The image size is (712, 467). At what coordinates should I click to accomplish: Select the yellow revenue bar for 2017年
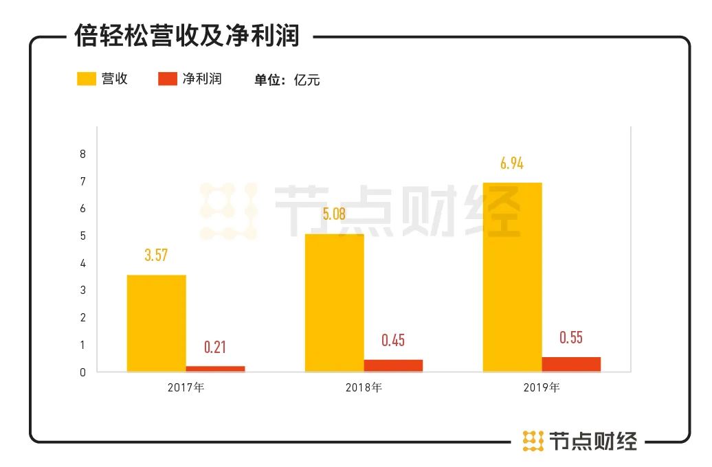pos(156,323)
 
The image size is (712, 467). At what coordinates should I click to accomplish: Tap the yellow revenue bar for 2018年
pos(334,302)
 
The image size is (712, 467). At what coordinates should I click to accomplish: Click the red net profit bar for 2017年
pos(215,369)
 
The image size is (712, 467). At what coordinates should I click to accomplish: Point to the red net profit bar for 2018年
pos(393,365)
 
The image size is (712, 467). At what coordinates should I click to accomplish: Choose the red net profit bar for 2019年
pos(571,364)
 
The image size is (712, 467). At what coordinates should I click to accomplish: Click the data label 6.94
pos(512,163)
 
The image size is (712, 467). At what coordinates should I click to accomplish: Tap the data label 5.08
pos(334,214)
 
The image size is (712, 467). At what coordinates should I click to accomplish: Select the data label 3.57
pos(156,255)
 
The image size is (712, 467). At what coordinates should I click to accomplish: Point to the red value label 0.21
pos(215,348)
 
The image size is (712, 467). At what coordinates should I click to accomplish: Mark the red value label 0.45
pos(393,341)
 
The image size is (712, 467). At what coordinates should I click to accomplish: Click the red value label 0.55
pos(571,338)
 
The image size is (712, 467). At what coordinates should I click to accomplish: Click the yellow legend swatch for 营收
pos(86,79)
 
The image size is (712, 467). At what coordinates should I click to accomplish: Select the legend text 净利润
pos(202,79)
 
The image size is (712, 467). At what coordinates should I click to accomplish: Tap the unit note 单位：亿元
pos(287,80)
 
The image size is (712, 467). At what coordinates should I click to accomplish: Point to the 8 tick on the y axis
pos(82,154)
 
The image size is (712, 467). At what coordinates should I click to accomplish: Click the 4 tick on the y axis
pos(82,263)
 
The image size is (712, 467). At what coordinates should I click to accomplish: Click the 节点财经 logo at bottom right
pos(580,440)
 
